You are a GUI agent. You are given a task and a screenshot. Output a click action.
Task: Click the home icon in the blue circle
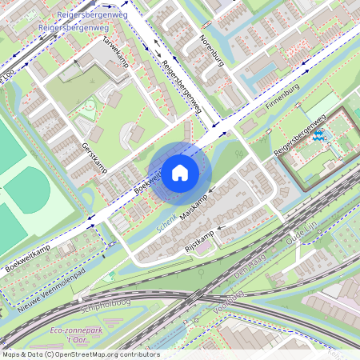[x=180, y=173]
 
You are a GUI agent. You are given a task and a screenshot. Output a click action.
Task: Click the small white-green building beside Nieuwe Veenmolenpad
[x=112, y=274]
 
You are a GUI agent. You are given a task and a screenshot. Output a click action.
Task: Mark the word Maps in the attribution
[x=11, y=354]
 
